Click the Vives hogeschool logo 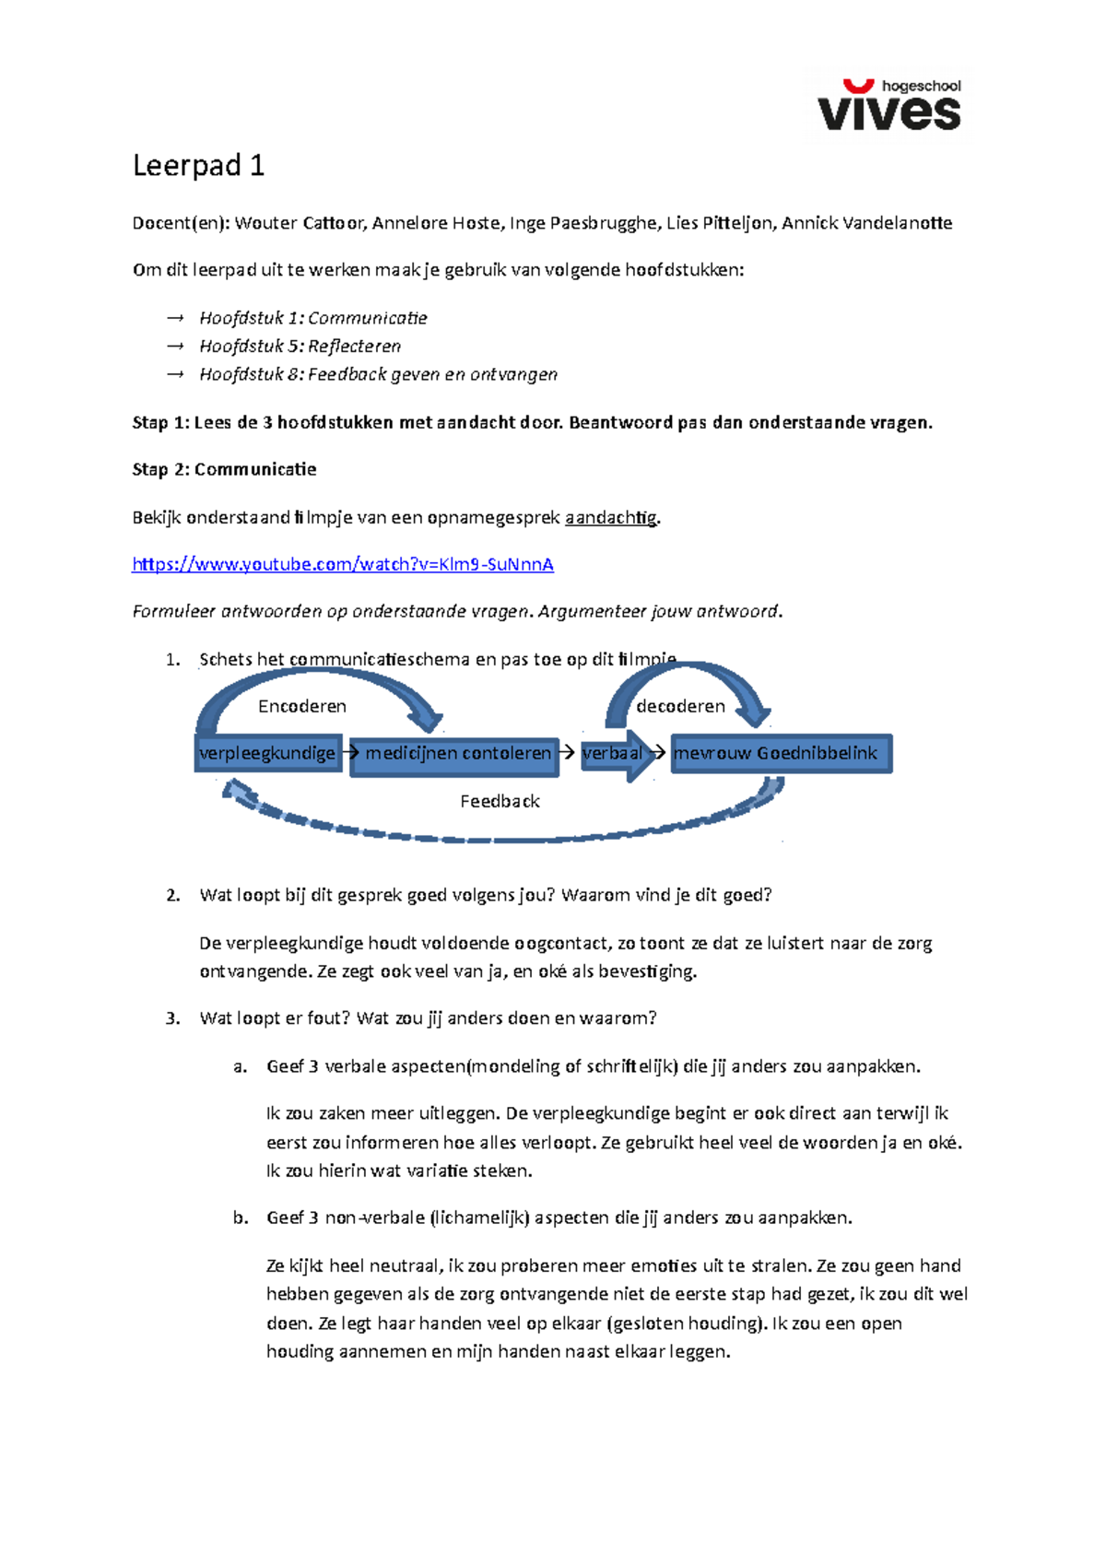point(888,105)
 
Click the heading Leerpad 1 point(198,166)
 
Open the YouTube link point(343,564)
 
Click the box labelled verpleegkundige point(267,753)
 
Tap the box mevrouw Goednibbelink point(780,753)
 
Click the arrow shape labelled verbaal point(615,754)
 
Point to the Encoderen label point(302,706)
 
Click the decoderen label point(680,706)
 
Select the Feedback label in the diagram point(500,801)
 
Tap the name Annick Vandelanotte point(866,223)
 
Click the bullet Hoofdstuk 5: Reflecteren point(300,347)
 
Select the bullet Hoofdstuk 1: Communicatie point(312,318)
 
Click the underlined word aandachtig point(611,518)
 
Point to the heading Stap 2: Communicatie point(224,469)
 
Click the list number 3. point(172,1018)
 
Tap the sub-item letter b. point(240,1218)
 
